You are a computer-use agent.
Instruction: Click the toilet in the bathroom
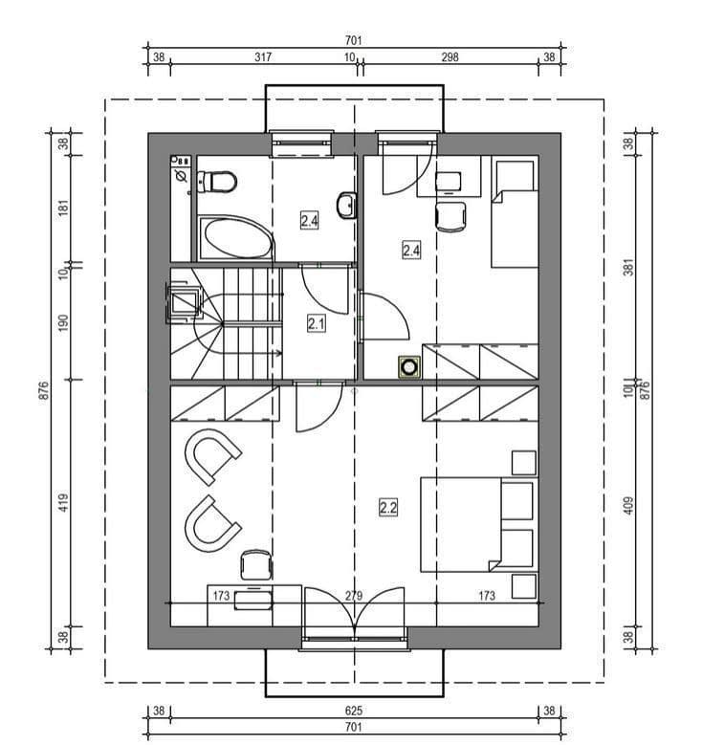click(217, 182)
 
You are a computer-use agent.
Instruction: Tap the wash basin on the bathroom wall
click(346, 206)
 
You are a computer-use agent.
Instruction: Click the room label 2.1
click(317, 323)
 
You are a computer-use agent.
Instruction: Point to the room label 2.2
click(388, 508)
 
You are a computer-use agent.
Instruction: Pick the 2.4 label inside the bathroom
click(310, 221)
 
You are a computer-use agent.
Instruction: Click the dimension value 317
click(263, 57)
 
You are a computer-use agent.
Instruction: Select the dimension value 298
click(450, 57)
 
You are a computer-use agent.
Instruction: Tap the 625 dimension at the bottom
click(354, 711)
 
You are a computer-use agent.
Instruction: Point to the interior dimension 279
click(354, 596)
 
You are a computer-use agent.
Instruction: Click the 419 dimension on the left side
click(63, 503)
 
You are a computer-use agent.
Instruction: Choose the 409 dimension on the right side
click(628, 506)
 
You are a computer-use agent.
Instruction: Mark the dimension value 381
click(628, 268)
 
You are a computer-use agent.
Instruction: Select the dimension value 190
click(63, 322)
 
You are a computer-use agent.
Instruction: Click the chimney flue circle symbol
click(409, 367)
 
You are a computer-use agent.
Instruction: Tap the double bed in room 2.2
click(479, 524)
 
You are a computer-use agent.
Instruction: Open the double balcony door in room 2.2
click(355, 613)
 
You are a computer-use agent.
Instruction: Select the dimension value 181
click(63, 208)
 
